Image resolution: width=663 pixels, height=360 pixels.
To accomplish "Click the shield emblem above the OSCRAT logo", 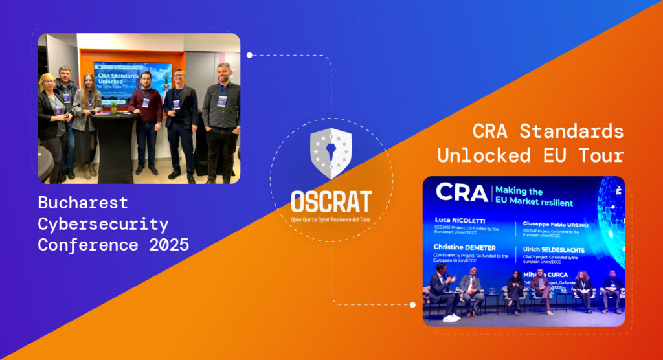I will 331,153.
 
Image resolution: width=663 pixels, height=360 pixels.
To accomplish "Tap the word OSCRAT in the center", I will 331,201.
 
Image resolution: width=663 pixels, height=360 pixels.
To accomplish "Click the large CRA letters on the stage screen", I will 461,192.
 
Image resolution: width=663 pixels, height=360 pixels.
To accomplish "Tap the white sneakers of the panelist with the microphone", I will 451,317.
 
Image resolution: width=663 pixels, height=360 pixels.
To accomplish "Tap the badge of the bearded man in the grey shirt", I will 222,101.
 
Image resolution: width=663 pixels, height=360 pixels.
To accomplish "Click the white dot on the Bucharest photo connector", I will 249,55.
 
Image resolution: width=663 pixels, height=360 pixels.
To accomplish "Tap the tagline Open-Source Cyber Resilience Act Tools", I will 331,221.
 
